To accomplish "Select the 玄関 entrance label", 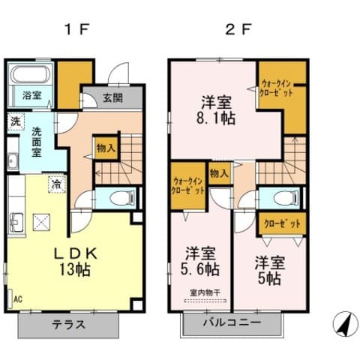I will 112,98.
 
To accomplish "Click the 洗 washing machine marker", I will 15,121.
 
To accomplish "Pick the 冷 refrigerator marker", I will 56,181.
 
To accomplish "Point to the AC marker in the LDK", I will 16,298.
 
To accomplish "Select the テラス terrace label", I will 69,325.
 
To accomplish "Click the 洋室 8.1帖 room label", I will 216,110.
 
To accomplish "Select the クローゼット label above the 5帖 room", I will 283,223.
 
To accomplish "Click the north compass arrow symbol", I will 342,323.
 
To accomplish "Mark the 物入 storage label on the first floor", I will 105,148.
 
